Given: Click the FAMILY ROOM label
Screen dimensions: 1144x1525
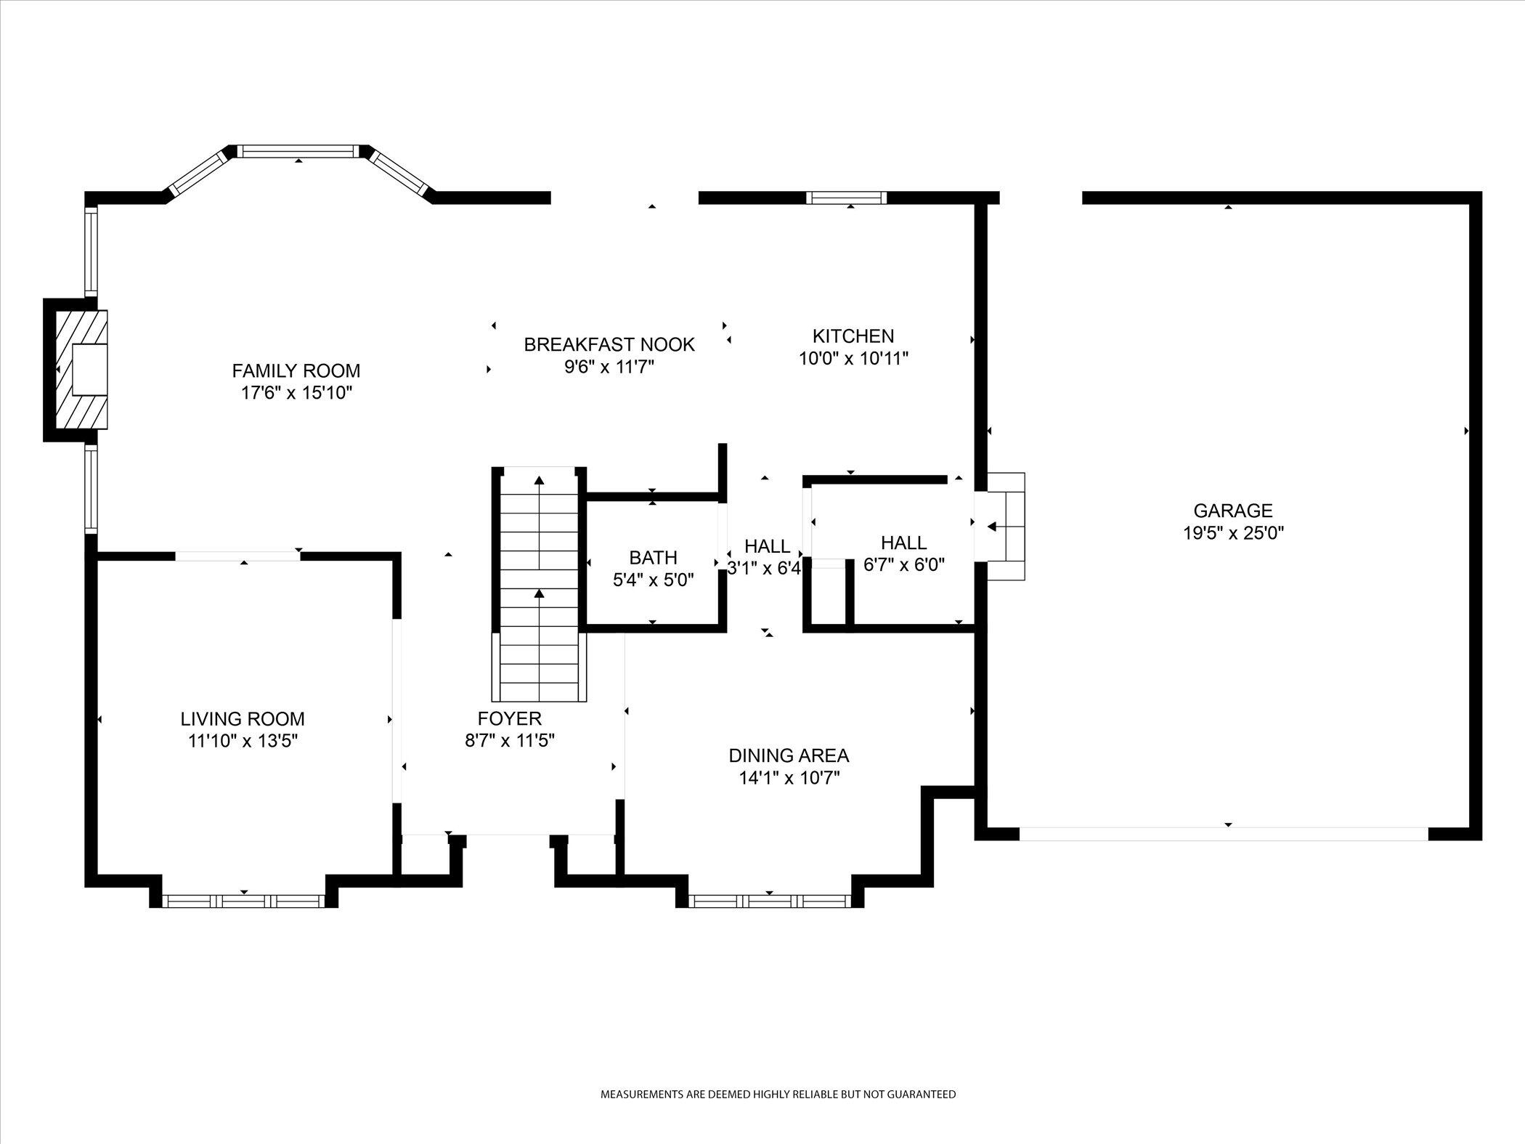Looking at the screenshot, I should coord(296,371).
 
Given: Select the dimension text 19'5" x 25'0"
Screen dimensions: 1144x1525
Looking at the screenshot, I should coord(1233,533).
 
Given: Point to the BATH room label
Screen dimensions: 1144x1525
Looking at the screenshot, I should coord(653,558).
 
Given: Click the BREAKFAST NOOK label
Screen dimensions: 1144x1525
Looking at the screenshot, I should coord(609,344).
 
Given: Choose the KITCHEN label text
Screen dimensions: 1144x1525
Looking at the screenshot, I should coord(853,336).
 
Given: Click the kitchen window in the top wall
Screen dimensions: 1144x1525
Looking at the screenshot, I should coord(847,197).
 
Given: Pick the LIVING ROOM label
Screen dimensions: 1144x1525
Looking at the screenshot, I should coord(243,719).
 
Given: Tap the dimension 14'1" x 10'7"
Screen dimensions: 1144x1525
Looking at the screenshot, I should coord(789,778).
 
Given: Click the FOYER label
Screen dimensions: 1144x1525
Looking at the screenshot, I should coord(509,719).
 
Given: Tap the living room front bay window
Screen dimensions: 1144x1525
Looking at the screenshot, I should coord(243,901).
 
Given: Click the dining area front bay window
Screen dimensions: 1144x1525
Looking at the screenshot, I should coord(769,901).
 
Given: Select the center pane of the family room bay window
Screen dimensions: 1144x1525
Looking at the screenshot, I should coord(299,151).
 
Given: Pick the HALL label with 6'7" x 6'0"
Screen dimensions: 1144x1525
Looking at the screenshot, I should coord(903,543).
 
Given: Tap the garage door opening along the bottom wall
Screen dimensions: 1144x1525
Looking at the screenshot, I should coord(1224,834).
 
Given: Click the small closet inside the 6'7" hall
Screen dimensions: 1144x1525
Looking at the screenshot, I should coord(828,594).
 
